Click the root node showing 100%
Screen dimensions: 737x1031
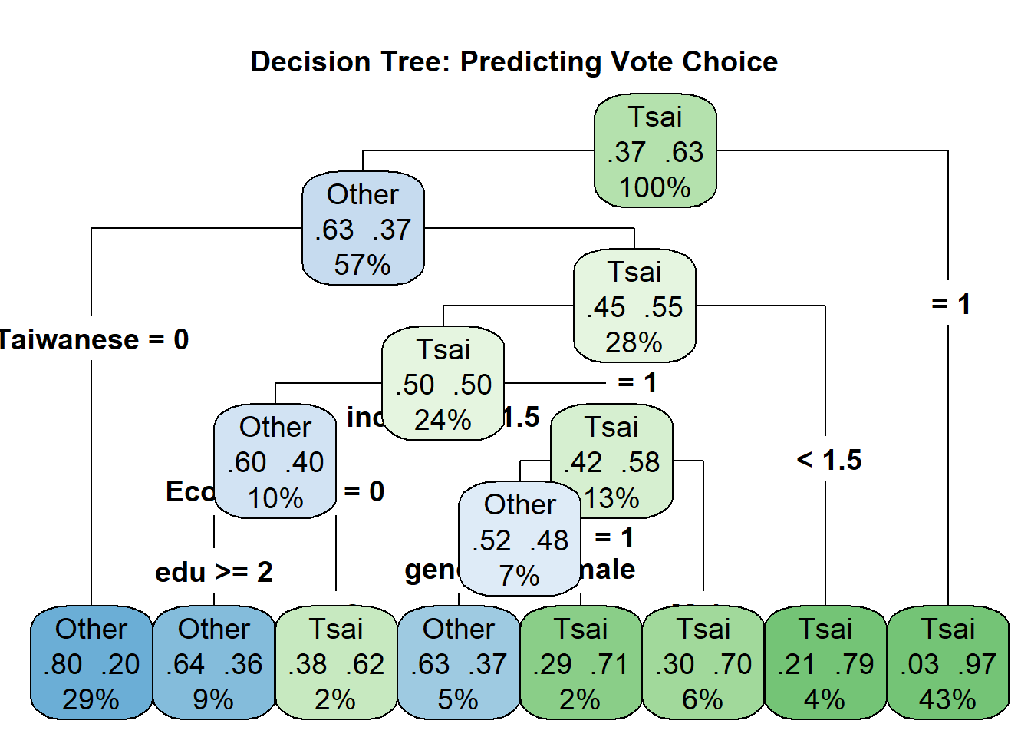(x=655, y=151)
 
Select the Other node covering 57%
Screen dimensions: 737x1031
(x=363, y=229)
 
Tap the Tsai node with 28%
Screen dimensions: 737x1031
(x=634, y=306)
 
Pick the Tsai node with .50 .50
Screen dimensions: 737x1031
(x=443, y=384)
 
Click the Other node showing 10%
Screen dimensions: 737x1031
(x=275, y=461)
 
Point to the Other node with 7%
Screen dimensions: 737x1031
(x=519, y=540)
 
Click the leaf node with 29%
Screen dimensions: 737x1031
(x=91, y=663)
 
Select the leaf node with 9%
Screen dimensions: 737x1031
(x=214, y=663)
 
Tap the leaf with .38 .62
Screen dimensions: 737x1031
(x=336, y=663)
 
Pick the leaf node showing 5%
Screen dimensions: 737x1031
(x=459, y=663)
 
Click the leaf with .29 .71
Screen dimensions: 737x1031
(x=581, y=663)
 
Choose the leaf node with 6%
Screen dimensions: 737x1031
(x=703, y=663)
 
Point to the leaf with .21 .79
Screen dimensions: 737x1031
(x=825, y=663)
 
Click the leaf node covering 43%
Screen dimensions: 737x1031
(x=948, y=663)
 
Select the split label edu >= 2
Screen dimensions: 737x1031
(x=214, y=572)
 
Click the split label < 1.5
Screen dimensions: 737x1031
(x=829, y=461)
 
